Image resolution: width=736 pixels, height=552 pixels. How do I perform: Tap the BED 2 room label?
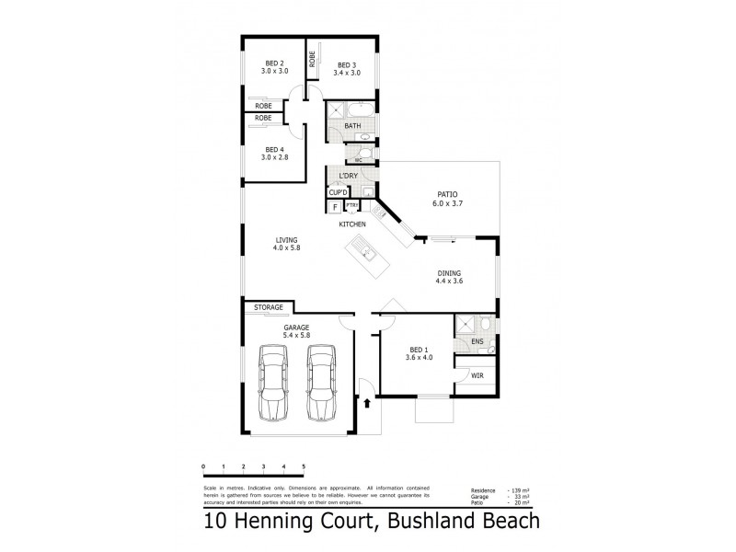tap(274, 66)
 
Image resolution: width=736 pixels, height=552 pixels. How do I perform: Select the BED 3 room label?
tap(346, 70)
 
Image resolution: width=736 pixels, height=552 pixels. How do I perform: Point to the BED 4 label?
tap(274, 154)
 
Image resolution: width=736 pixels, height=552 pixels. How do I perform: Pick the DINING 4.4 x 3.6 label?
tap(449, 277)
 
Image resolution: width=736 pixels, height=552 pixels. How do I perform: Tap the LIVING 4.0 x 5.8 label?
tap(287, 244)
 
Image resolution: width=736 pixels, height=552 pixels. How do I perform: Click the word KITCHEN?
tap(352, 224)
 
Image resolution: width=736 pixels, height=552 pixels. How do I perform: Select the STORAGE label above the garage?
tap(269, 307)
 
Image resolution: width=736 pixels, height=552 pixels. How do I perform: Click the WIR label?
tap(477, 376)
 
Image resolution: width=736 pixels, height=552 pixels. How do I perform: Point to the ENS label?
tap(477, 342)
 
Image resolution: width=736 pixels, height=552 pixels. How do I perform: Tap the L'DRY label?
tap(348, 176)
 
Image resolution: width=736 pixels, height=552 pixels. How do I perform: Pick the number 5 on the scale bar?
tap(303, 467)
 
